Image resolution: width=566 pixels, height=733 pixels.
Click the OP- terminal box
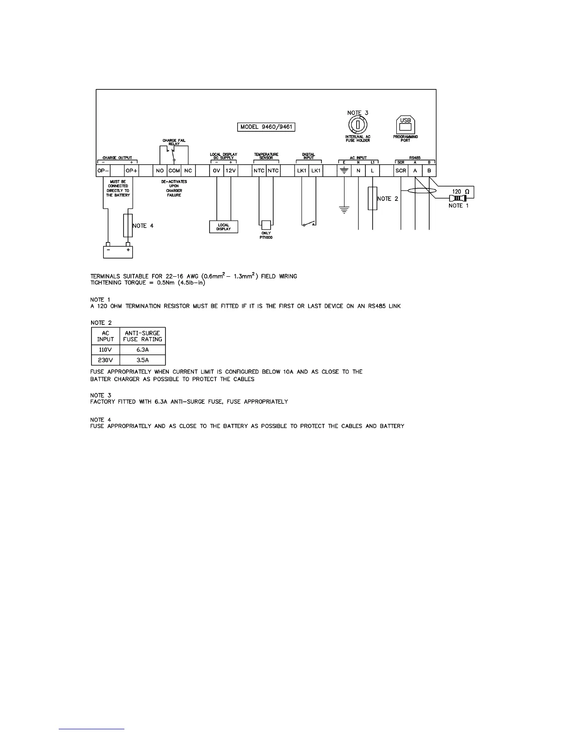[103, 171]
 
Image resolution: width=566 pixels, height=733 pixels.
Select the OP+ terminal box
[131, 171]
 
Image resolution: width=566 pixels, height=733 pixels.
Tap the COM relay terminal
[174, 171]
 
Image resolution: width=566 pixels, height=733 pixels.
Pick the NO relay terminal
[160, 171]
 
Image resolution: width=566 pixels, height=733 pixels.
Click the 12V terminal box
[230, 171]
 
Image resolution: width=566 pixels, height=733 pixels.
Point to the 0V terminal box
[216, 171]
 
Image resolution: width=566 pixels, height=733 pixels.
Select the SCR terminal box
[401, 171]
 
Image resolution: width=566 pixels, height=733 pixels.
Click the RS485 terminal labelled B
[429, 171]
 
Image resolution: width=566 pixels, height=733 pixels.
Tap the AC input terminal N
[358, 171]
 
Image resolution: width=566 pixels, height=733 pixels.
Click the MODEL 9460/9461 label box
[267, 127]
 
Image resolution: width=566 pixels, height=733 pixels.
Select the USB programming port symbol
[405, 124]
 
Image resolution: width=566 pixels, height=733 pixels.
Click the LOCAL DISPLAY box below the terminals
[223, 227]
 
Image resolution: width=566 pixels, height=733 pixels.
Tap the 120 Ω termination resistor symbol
[461, 198]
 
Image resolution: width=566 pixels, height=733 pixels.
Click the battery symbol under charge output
[118, 251]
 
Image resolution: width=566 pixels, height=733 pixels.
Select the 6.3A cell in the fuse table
[142, 349]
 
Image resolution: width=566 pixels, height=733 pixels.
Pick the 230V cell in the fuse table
[105, 360]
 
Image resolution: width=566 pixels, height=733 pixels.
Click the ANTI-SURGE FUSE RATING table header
[142, 336]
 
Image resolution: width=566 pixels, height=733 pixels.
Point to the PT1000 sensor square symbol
[266, 224]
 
